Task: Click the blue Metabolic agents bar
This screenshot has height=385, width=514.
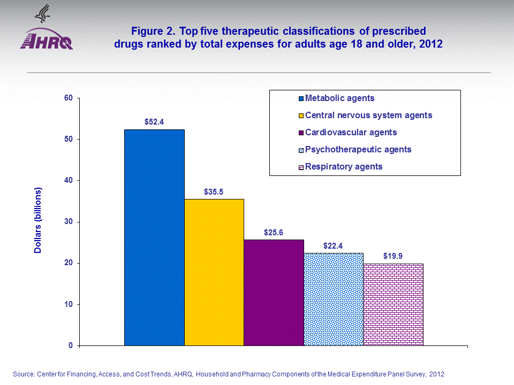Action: (154, 237)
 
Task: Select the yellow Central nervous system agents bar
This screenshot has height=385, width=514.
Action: (214, 272)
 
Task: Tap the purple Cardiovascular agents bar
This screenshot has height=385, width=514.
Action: (274, 292)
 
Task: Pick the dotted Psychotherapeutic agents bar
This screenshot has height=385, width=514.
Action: (334, 299)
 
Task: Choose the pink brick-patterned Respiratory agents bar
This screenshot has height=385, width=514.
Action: (393, 304)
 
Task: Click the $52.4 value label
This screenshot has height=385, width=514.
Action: (154, 122)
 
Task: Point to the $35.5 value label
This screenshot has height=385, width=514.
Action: (214, 191)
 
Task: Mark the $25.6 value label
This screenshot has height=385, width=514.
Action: (274, 232)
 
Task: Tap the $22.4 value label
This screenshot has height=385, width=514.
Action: (334, 245)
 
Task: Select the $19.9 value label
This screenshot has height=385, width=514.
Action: (393, 256)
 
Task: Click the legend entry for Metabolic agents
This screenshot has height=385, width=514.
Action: (339, 98)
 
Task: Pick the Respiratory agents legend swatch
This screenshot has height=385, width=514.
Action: (301, 167)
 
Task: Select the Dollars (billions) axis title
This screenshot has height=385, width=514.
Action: (38, 221)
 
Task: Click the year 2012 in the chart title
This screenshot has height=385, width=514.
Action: (431, 44)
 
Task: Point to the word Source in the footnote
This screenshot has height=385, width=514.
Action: (24, 374)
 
